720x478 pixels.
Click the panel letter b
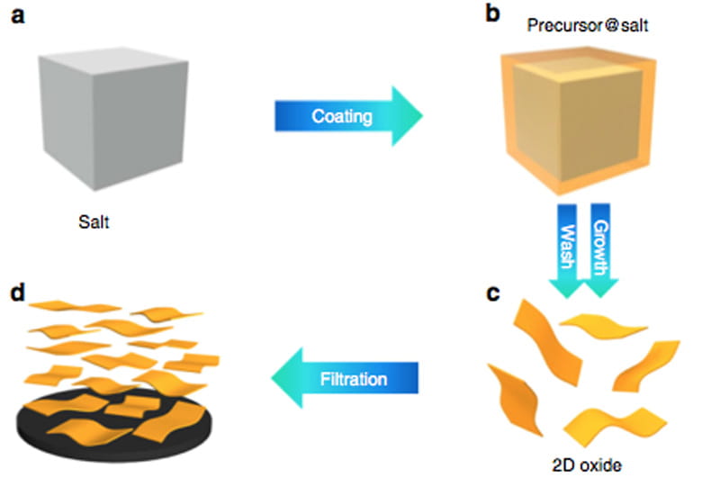pyautogui.click(x=468, y=17)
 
